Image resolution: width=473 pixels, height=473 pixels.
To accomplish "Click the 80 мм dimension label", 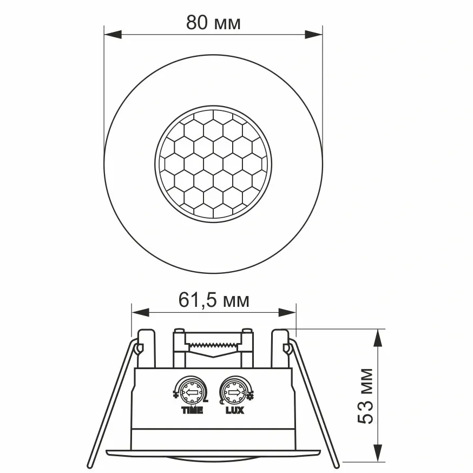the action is pyautogui.click(x=213, y=22).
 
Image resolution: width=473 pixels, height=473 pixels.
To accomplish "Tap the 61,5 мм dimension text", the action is pyautogui.click(x=214, y=300).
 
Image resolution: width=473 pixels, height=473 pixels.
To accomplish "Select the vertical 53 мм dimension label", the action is pyautogui.click(x=365, y=396).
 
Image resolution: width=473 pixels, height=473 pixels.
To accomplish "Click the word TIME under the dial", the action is pyautogui.click(x=192, y=410).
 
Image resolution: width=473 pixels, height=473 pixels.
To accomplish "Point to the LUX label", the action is pyautogui.click(x=235, y=410).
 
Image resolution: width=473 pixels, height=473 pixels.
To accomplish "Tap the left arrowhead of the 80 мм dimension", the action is pyautogui.click(x=113, y=35).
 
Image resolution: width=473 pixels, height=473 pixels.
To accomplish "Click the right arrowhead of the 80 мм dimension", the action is pyautogui.click(x=314, y=35).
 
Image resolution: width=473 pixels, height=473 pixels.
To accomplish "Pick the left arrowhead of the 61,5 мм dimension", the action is pyautogui.click(x=141, y=312).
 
